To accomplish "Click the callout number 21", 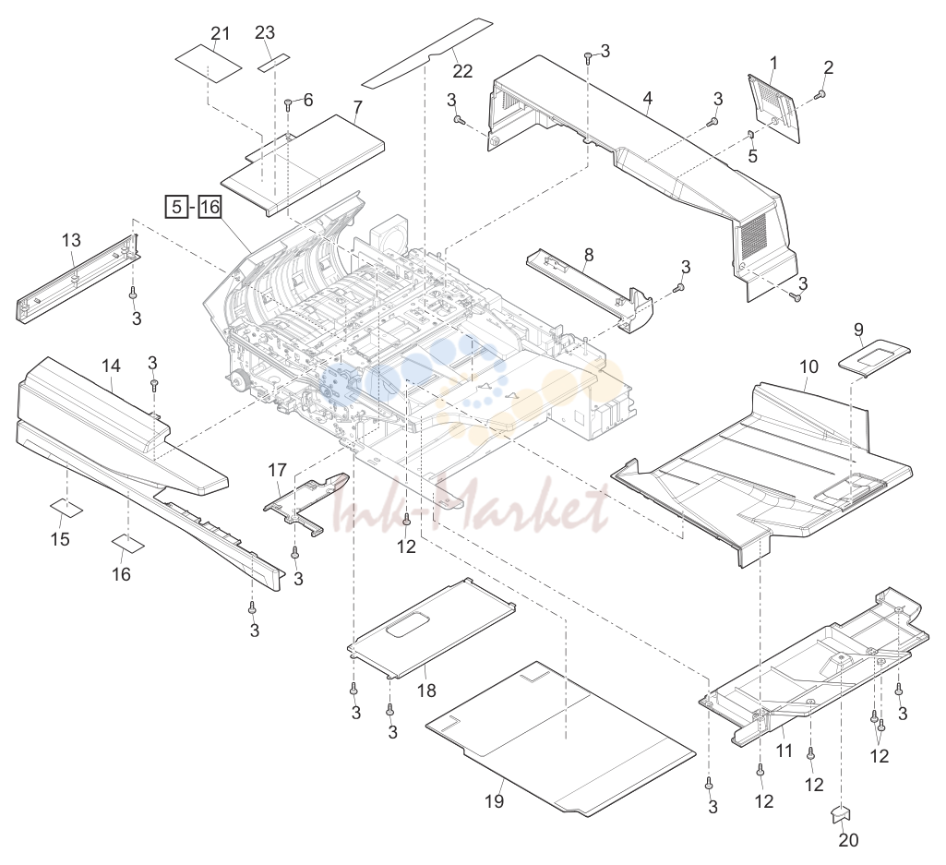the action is point(221,32).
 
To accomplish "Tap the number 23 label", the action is point(265,32).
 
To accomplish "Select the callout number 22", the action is point(462,71).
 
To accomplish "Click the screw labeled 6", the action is point(288,102).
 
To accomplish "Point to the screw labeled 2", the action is point(820,93).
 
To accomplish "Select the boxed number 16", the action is point(210,207).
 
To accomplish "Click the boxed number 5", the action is point(176,207).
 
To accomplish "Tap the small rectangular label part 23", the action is point(274,62).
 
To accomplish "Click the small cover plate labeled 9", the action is point(874,357).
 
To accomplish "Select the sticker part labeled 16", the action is point(128,543).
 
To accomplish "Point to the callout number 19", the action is point(494,801).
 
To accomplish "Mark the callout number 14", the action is point(111,366).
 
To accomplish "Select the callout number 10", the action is point(809,366).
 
